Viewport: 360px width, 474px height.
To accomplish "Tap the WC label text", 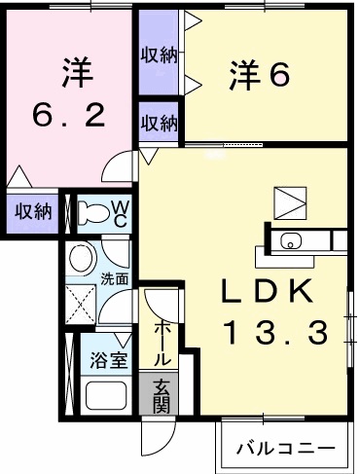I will click(x=118, y=211).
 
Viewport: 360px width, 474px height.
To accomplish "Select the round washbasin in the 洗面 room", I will click(x=82, y=259).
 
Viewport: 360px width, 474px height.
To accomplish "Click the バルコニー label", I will click(x=289, y=451).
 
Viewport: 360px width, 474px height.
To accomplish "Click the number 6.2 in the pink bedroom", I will click(x=69, y=116).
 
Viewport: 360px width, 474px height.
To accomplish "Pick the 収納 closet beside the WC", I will click(x=31, y=212).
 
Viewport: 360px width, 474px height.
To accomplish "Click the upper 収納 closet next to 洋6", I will click(x=158, y=55).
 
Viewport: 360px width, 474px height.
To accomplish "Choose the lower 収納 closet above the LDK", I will click(x=159, y=123).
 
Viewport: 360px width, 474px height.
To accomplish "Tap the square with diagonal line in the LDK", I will click(x=289, y=202).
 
